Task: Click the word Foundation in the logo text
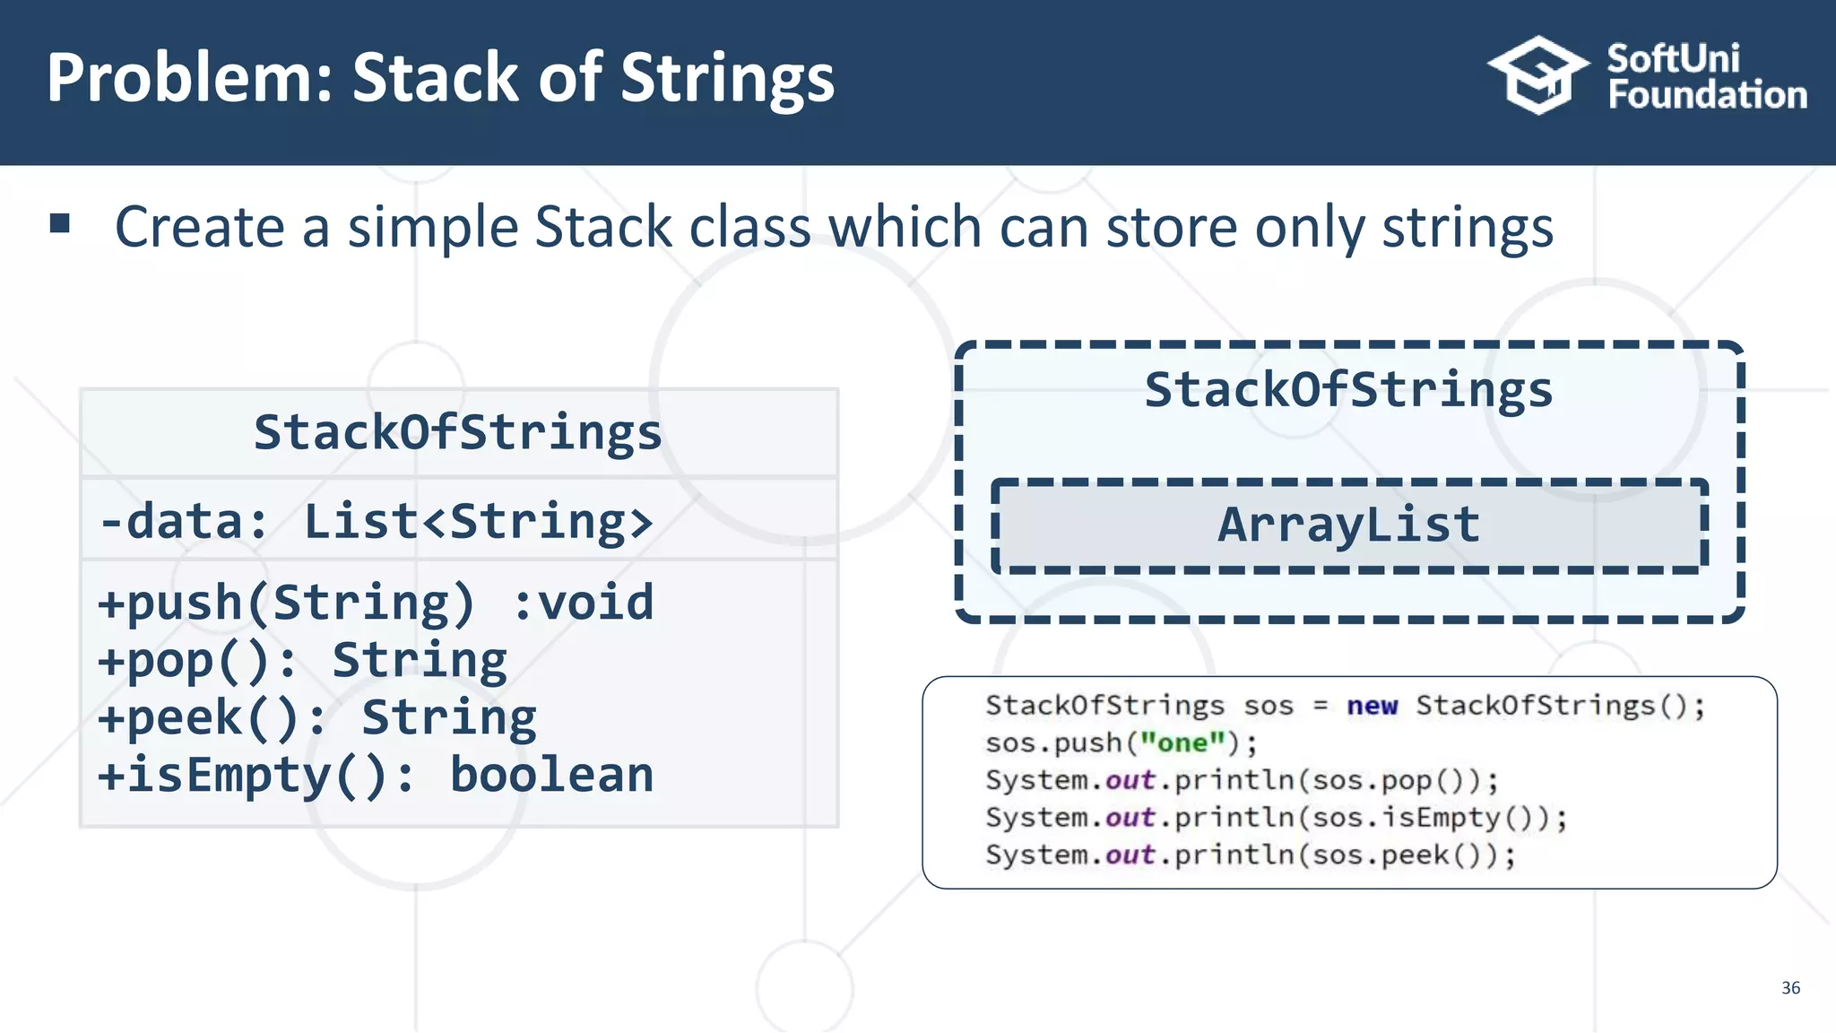click(x=1707, y=95)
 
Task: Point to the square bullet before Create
click(x=60, y=223)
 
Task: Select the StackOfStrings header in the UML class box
click(x=457, y=432)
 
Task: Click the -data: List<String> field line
click(x=377, y=522)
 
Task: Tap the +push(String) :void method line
click(x=377, y=603)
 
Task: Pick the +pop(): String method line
click(x=303, y=661)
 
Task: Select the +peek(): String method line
click(x=317, y=718)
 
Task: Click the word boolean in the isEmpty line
click(x=551, y=776)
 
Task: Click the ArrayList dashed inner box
click(x=1349, y=525)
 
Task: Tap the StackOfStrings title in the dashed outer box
click(x=1348, y=390)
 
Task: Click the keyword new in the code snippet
click(x=1372, y=707)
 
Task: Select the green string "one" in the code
click(x=1182, y=743)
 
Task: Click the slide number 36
click(x=1790, y=987)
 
